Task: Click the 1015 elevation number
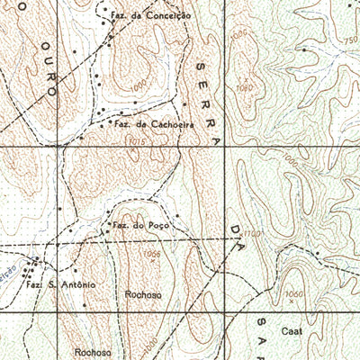pyautogui.click(x=136, y=142)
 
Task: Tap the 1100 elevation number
pyautogui.click(x=254, y=233)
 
